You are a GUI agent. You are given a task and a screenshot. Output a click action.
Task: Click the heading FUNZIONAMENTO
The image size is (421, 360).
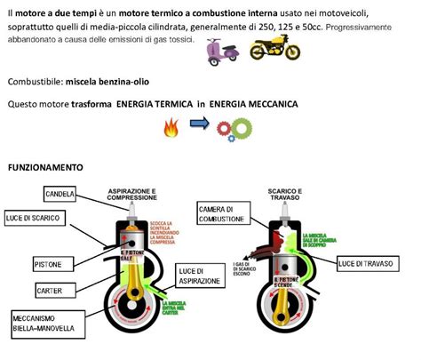(x=45, y=167)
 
